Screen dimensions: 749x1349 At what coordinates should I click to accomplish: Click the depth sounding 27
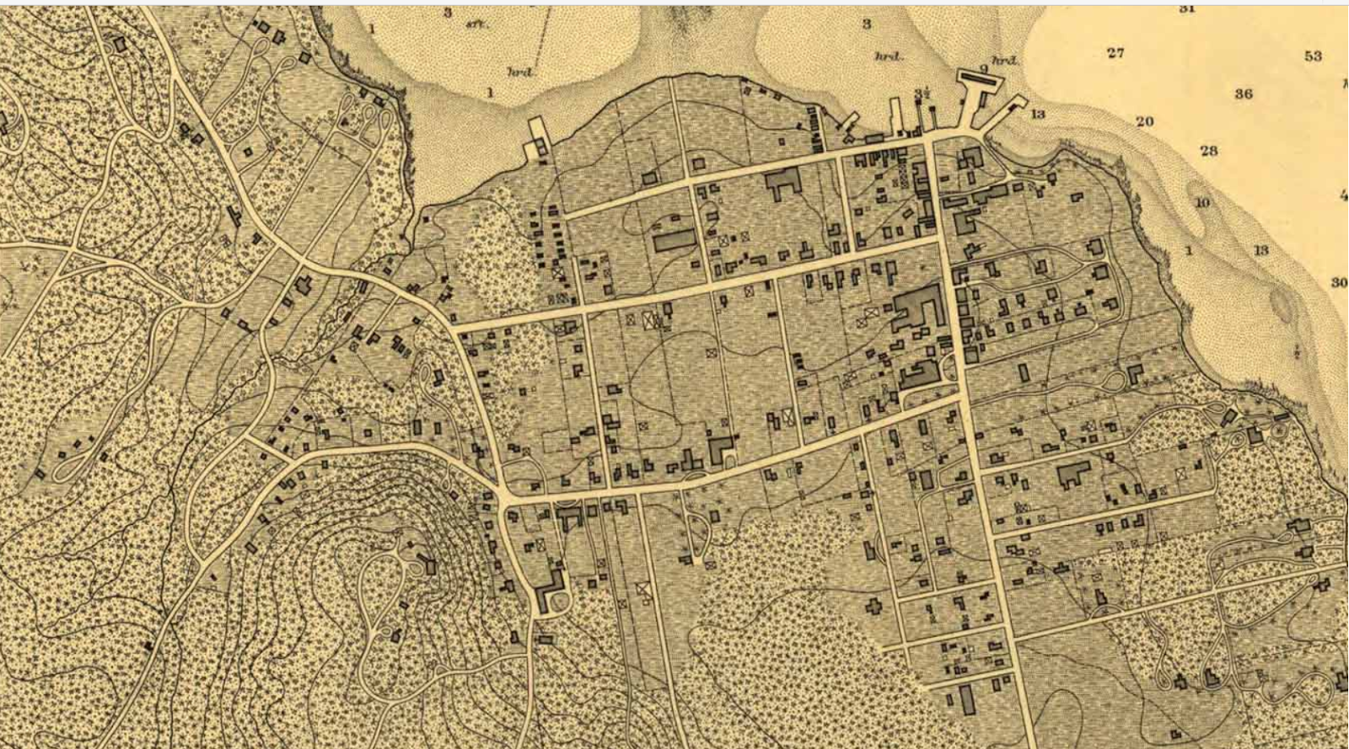[x=1115, y=53]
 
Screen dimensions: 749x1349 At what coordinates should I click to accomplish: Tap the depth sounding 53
[x=1313, y=56]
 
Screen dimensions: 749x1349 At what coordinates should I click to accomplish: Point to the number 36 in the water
[x=1244, y=94]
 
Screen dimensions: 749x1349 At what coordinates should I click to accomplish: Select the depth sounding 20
[x=1144, y=121]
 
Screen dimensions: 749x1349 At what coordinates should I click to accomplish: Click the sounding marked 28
[x=1208, y=151]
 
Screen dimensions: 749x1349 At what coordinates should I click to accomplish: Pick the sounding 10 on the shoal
[x=1201, y=203]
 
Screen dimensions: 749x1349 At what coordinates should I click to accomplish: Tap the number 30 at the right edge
[x=1338, y=282]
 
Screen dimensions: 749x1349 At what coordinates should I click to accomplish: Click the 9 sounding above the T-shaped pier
[x=983, y=69]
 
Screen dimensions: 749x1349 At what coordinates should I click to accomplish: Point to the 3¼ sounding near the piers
[x=922, y=94]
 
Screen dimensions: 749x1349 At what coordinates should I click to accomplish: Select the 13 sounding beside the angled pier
[x=1037, y=114]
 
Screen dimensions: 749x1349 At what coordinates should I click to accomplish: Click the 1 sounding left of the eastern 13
[x=1188, y=250]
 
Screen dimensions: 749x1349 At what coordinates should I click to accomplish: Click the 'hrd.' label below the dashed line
[x=520, y=72]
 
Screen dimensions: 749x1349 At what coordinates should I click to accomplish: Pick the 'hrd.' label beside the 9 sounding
[x=1004, y=61]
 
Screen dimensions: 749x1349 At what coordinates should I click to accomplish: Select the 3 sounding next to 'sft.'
[x=448, y=13]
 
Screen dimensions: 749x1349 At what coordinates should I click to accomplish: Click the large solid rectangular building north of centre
[x=675, y=242]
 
